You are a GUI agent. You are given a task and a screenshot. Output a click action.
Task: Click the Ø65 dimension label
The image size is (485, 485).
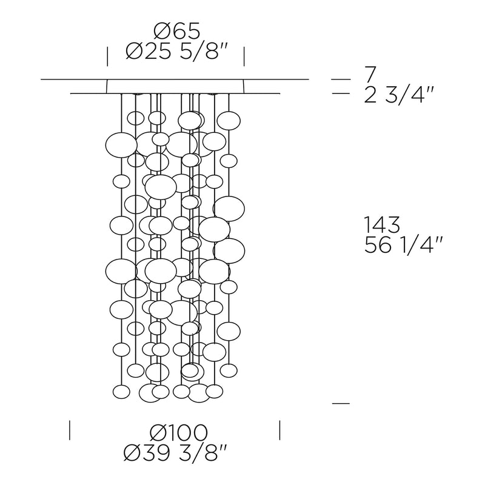[x=177, y=32]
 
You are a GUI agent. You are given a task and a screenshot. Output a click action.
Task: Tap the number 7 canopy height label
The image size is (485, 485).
[x=370, y=75]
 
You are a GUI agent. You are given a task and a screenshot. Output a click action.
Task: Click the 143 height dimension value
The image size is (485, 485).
[x=383, y=224]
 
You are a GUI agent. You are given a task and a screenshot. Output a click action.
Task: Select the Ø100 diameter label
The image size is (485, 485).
[x=178, y=432]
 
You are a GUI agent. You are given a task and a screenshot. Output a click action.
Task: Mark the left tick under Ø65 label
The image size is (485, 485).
[x=107, y=56]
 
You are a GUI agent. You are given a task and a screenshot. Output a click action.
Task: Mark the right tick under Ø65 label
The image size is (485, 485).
[x=244, y=56]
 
